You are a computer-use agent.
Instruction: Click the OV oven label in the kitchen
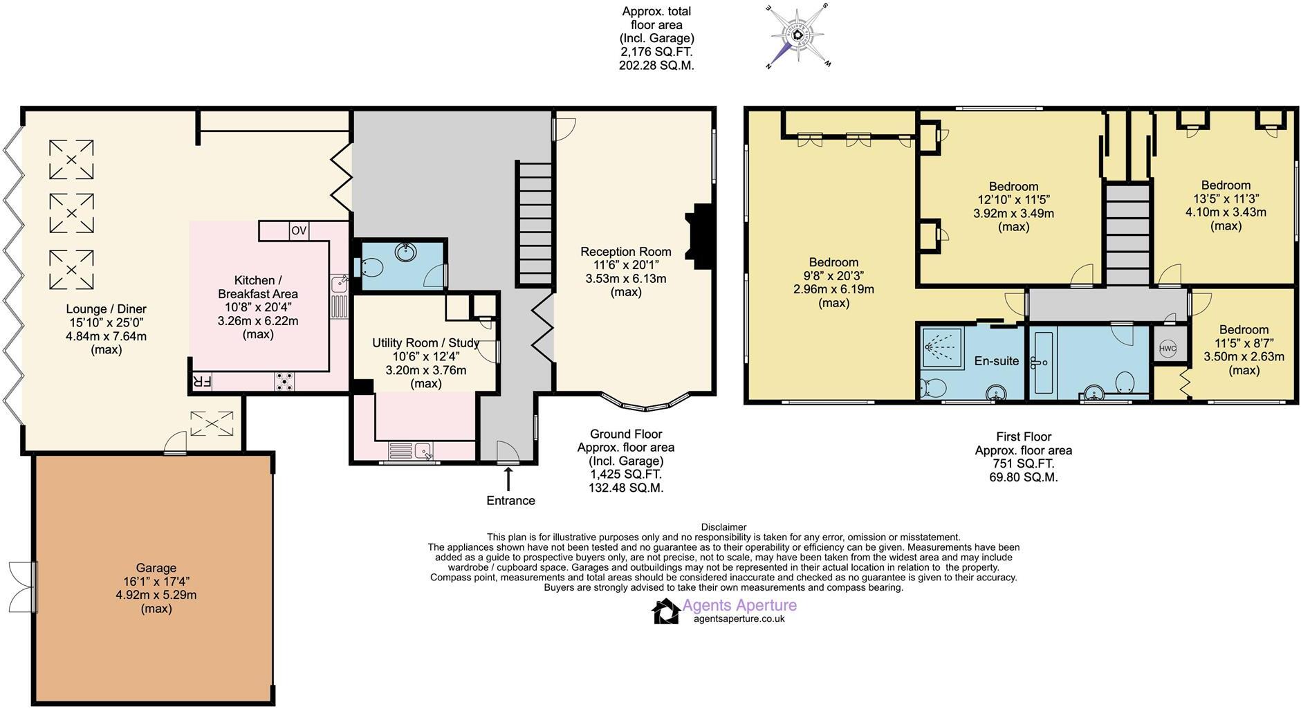click(299, 231)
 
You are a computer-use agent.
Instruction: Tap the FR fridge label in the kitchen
click(201, 381)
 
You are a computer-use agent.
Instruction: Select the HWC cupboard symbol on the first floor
click(1168, 349)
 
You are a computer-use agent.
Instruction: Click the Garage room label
click(156, 568)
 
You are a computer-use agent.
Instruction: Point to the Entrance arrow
click(509, 478)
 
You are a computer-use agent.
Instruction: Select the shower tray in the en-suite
click(941, 346)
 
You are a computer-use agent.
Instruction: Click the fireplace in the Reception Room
click(700, 236)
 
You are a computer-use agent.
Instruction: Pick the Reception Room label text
click(625, 252)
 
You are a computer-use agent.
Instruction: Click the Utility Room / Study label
click(425, 343)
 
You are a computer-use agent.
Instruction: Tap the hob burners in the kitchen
click(284, 381)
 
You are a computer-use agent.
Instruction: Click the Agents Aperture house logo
click(665, 611)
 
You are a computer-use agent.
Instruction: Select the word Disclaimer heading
click(723, 527)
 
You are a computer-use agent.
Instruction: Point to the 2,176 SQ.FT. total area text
click(656, 52)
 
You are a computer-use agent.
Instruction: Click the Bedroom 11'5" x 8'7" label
click(1244, 330)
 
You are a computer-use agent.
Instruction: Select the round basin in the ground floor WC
click(405, 252)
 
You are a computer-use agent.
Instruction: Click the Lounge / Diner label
click(107, 309)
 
